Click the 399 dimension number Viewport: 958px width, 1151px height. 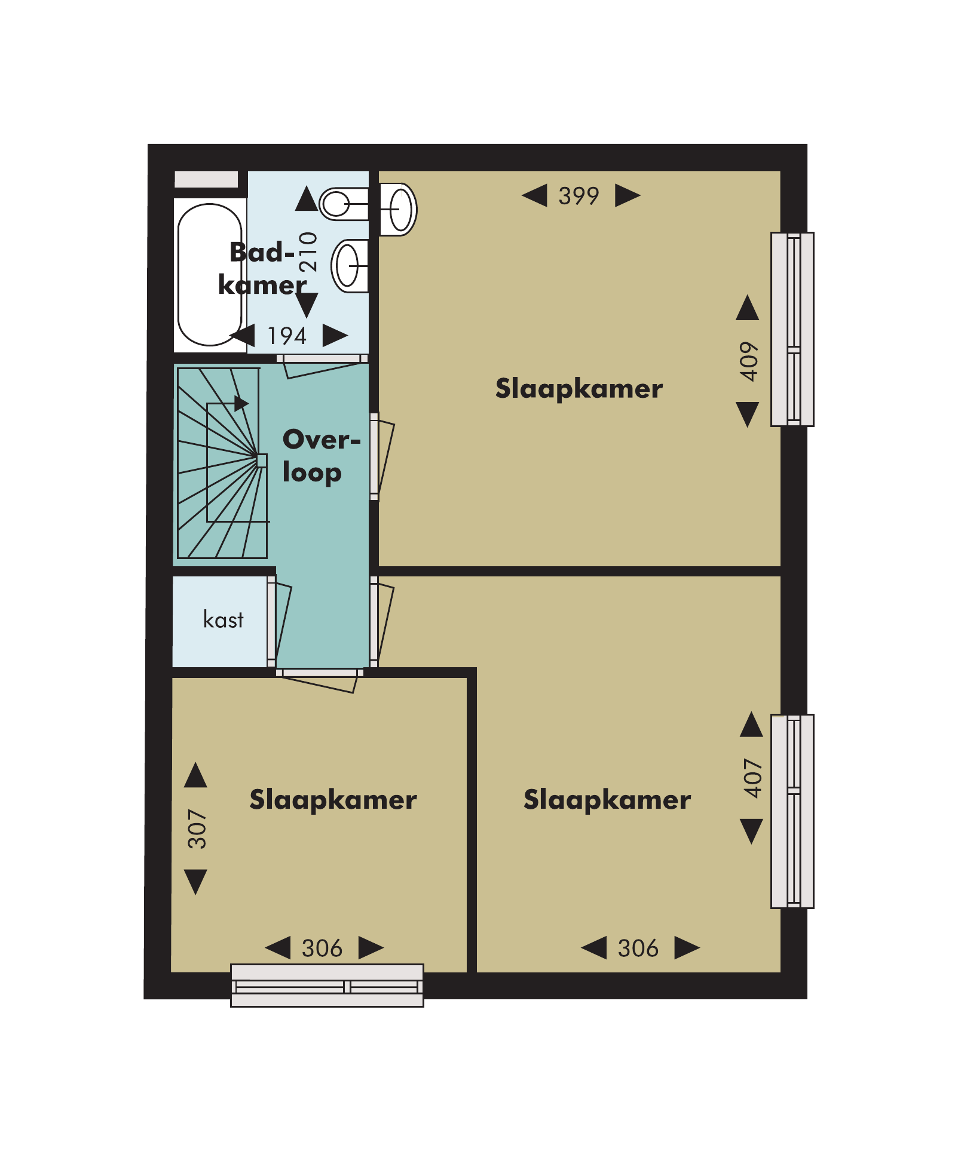coord(579,196)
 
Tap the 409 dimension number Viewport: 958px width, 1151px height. coord(749,361)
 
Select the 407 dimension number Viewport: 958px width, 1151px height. coord(753,778)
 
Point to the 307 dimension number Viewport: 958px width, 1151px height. coord(197,829)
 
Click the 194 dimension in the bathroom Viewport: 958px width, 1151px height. coord(287,336)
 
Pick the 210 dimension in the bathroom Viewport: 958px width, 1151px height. coord(308,252)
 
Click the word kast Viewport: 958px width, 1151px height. coord(224,619)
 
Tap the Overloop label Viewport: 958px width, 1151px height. coord(322,456)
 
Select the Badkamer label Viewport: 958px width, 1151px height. coord(262,269)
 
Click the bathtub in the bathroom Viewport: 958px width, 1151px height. coord(210,275)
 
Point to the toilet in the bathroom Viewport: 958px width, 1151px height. coord(344,204)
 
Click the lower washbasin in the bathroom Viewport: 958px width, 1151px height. coord(350,266)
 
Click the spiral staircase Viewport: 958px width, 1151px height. coord(222,463)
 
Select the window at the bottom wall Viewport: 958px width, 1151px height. coord(327,986)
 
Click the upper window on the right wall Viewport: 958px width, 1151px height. coord(792,329)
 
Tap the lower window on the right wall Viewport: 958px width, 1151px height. coord(792,811)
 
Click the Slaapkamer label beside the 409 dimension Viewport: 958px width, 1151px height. coord(579,389)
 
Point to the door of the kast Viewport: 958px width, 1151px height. coord(278,621)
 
